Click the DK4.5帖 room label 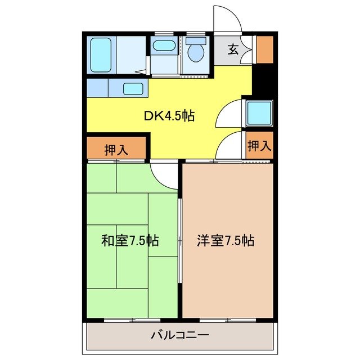pos(169,116)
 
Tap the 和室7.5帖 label pos(130,241)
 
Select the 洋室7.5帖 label pos(226,241)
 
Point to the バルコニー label pos(180,335)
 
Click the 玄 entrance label pos(233,49)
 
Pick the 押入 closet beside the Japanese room pos(117,150)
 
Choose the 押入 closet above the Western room pos(259,145)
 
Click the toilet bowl pos(196,52)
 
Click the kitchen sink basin pos(133,88)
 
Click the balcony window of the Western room pos(228,320)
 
